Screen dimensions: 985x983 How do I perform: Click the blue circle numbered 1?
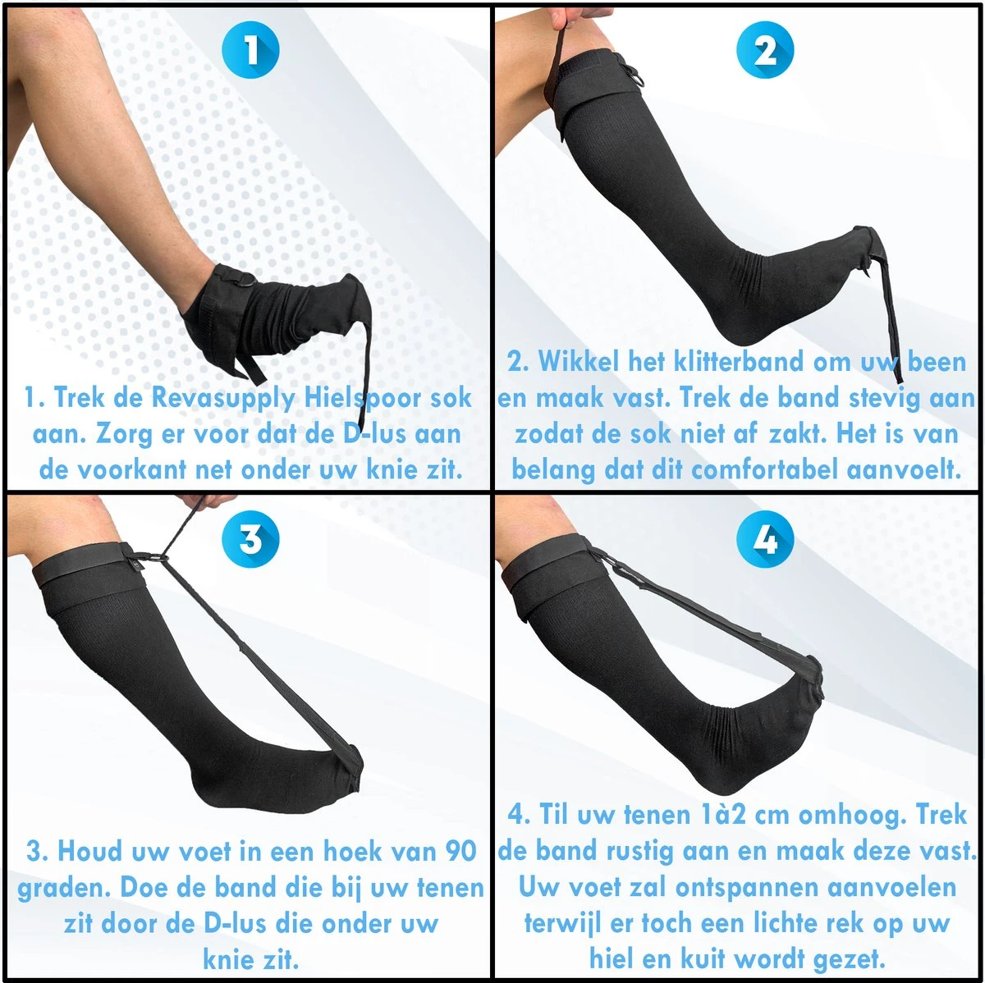[x=250, y=50]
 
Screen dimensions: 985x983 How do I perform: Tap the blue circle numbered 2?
[x=765, y=50]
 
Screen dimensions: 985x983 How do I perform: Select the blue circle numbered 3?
[x=250, y=539]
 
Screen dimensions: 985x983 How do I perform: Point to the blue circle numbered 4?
[x=765, y=539]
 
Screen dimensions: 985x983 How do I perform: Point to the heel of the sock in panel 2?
[x=735, y=327]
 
